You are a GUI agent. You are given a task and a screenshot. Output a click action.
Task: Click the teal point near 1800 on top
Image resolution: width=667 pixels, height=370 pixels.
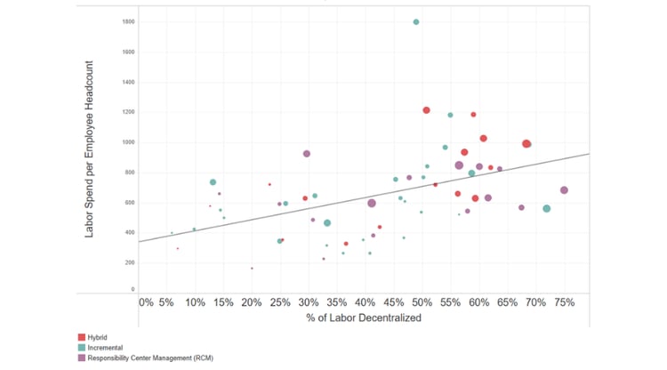[416, 22]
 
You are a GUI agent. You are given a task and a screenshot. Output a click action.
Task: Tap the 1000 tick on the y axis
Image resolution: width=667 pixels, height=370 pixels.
[130, 142]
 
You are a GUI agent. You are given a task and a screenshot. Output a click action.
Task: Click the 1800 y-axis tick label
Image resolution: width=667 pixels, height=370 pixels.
[130, 21]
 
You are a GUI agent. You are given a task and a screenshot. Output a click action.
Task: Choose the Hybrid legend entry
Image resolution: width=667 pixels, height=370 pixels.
[98, 337]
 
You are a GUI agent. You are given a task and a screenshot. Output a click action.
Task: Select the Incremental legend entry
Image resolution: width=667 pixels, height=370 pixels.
[104, 348]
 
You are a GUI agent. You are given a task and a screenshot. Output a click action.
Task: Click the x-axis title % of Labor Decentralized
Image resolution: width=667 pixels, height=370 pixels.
[363, 318]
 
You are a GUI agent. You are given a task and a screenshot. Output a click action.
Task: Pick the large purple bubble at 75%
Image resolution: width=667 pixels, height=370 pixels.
[564, 190]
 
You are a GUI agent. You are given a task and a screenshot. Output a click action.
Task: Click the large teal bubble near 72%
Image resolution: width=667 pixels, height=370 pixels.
[547, 209]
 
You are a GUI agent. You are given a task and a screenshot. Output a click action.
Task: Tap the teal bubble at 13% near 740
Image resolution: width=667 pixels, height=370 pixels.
[213, 182]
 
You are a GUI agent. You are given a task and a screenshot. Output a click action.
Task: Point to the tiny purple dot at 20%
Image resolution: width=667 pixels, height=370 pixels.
[252, 268]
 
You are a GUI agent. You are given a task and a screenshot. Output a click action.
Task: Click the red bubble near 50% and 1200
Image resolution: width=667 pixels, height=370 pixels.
[426, 110]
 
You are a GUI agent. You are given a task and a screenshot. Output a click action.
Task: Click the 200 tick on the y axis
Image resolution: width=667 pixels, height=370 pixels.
[131, 263]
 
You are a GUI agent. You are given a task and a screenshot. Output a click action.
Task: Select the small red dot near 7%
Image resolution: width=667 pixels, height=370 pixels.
[178, 249]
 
